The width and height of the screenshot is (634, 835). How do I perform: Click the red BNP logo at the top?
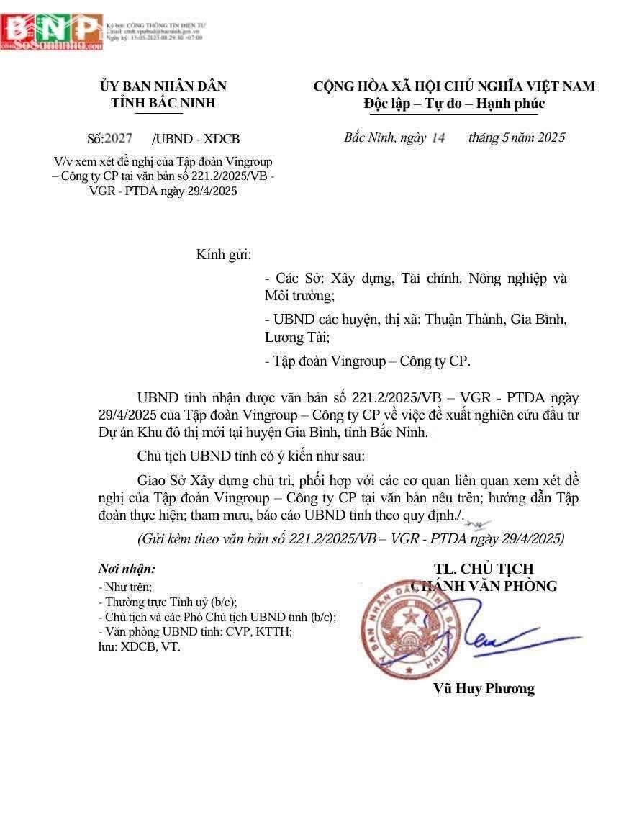coord(52,30)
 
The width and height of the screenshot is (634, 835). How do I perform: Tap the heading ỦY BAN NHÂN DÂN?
coord(163,86)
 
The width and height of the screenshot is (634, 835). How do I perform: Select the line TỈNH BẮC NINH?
coord(163,103)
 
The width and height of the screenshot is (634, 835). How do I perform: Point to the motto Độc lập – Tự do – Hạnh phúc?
coord(454,104)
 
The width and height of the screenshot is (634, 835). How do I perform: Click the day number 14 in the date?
coord(438,137)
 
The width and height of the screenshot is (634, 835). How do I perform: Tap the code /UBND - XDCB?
coord(196,139)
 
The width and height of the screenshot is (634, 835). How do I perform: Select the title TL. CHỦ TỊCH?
coord(484,569)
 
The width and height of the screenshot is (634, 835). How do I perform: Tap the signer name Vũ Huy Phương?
coord(484,689)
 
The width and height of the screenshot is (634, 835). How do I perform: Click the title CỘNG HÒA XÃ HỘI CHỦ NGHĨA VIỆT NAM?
coord(454,86)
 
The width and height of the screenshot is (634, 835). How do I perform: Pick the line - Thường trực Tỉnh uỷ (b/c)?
coord(168,602)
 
